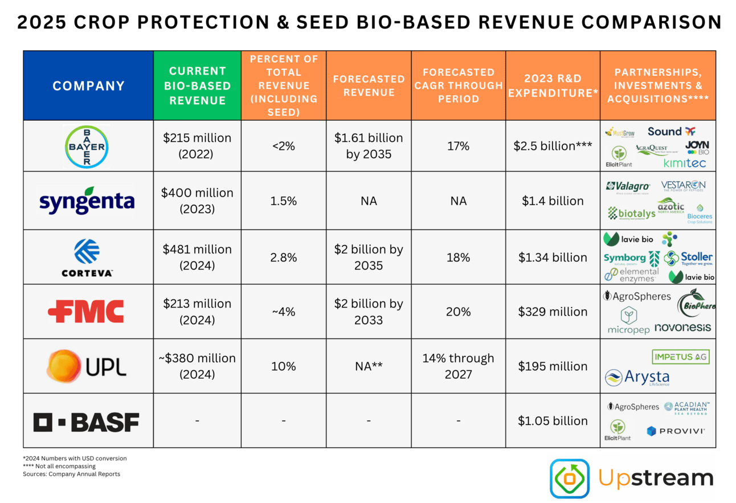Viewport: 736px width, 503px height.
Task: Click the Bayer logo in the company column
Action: coord(87,146)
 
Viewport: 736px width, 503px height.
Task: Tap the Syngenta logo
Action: coord(87,201)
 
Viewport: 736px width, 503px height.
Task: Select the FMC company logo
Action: coord(86,311)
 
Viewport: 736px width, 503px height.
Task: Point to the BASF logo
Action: coord(86,422)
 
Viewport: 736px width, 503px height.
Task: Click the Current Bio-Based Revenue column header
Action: coord(197,85)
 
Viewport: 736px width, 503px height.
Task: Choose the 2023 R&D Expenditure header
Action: coord(553,85)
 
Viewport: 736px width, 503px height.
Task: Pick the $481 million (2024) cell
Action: coord(197,257)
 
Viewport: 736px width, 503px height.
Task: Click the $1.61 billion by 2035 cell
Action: coord(369,146)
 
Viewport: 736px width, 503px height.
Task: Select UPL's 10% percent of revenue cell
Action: coord(283,366)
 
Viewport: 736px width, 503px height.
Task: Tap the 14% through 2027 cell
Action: coord(458,366)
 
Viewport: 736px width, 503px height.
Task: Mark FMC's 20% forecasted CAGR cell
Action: coord(458,312)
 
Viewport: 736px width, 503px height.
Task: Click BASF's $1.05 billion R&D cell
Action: coord(553,421)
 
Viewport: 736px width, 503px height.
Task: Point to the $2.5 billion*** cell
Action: coord(553,146)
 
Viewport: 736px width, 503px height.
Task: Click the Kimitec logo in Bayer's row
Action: coord(684,163)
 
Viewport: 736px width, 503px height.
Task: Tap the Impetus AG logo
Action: coord(681,357)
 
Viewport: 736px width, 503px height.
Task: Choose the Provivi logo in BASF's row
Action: coord(676,431)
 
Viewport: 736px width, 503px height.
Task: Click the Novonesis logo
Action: coord(682,328)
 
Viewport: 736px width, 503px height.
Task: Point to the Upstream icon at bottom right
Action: coord(569,479)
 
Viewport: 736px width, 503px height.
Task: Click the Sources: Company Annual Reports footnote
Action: coord(71,474)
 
